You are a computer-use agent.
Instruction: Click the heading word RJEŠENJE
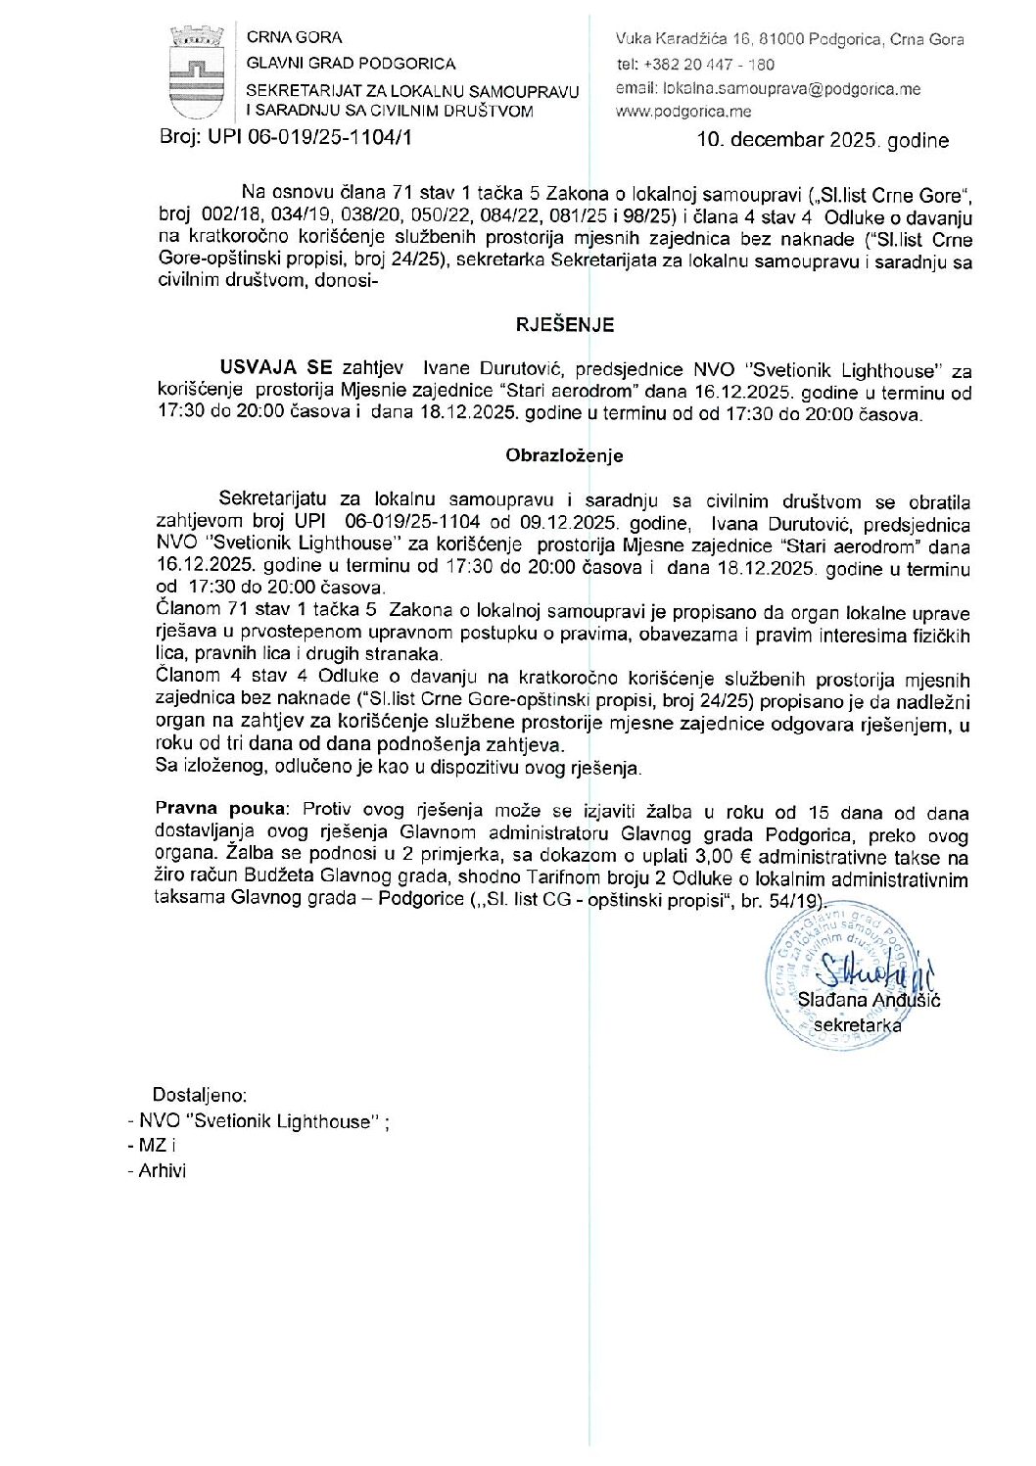[x=565, y=324]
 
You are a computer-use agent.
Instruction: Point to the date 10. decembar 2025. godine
[x=822, y=140]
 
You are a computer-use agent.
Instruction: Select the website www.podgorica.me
[x=683, y=112]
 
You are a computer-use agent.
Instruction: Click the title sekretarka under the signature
[x=858, y=1024]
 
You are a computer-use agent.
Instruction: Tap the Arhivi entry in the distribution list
[x=162, y=1170]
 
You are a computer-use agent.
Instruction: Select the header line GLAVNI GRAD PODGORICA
[x=351, y=64]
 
